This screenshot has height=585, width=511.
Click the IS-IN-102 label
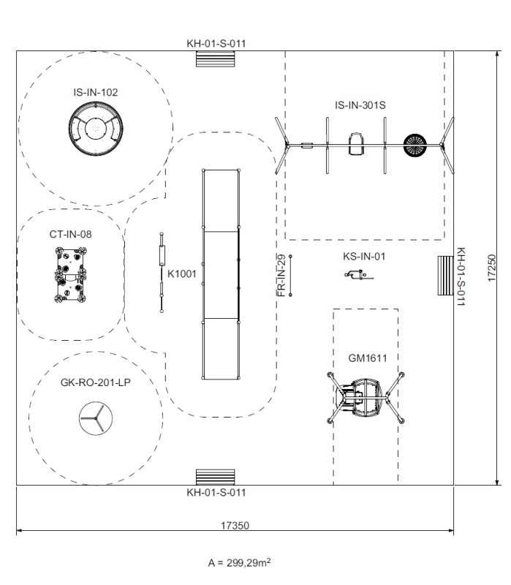(x=95, y=92)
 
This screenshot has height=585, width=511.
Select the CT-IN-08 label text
(x=70, y=235)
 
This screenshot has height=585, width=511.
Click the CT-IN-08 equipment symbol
(x=72, y=275)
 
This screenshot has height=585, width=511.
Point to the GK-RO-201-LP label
(x=95, y=382)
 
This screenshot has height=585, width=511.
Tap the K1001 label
(x=183, y=274)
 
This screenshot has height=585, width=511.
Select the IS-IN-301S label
(x=360, y=105)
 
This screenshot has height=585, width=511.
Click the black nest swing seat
(x=414, y=145)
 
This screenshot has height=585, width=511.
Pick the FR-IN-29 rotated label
(x=281, y=275)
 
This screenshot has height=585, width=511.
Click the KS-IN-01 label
(x=363, y=257)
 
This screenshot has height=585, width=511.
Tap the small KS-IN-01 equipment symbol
(x=357, y=275)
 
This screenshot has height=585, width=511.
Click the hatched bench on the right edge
(x=445, y=275)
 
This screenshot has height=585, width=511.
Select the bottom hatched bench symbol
(x=214, y=476)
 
